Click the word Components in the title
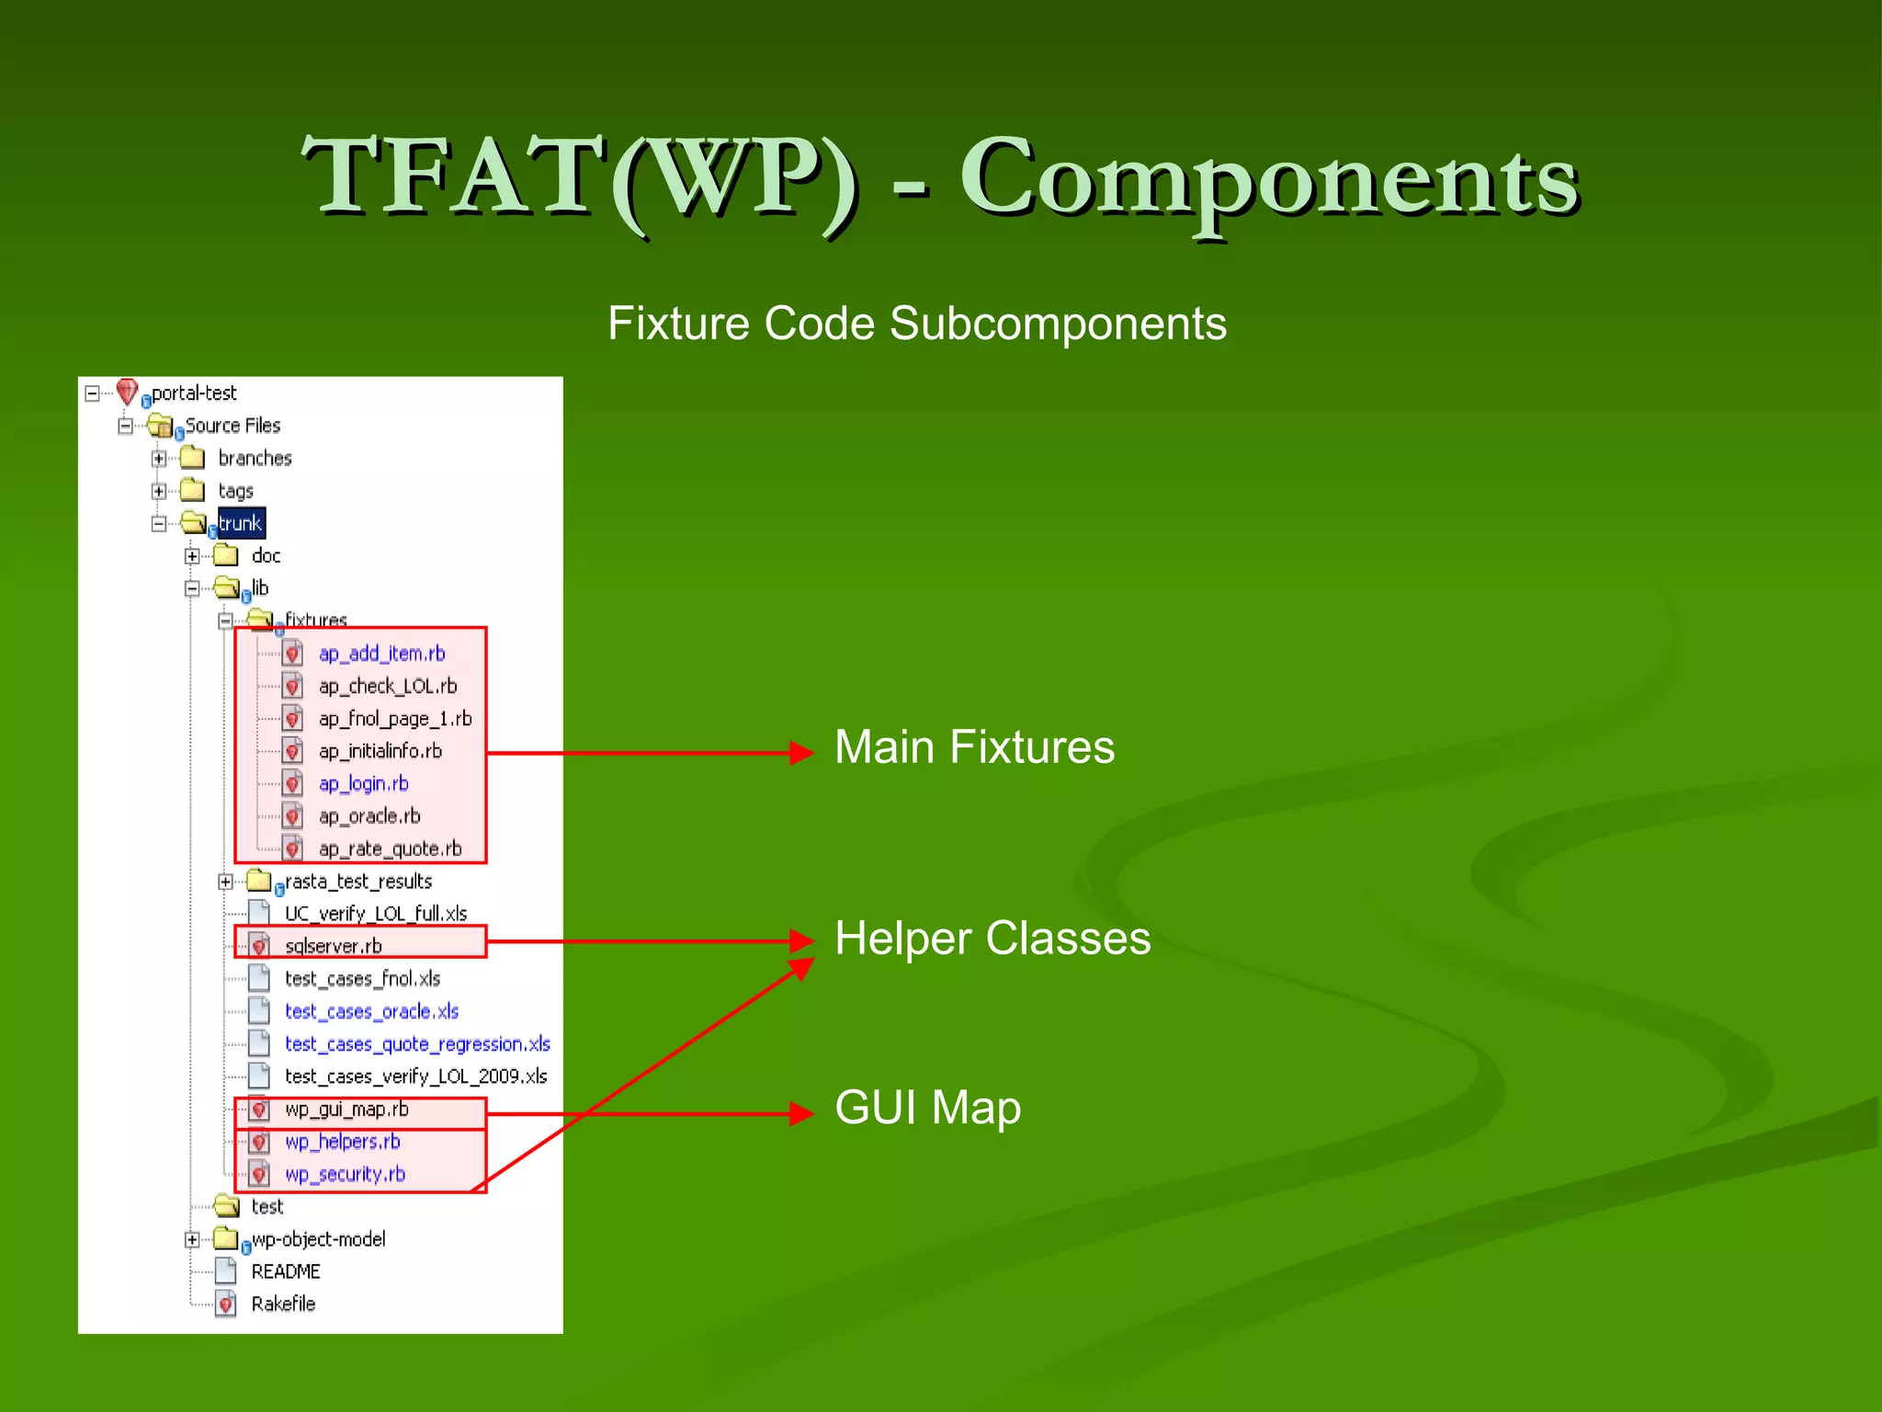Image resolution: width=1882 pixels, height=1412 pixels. point(1268,179)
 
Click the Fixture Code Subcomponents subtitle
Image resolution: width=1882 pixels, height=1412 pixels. point(916,324)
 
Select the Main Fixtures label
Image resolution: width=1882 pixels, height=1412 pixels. point(974,746)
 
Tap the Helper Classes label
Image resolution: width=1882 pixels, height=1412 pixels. point(992,939)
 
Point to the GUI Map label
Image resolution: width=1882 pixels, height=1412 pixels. point(927,1107)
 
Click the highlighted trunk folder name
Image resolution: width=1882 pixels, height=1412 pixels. point(241,523)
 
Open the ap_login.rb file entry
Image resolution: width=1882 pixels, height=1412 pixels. point(363,784)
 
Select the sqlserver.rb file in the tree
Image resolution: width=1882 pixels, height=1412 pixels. point(333,946)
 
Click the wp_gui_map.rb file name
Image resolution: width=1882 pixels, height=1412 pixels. point(346,1110)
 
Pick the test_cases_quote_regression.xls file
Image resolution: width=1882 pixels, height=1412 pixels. point(417,1044)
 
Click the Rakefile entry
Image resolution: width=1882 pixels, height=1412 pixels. point(283,1304)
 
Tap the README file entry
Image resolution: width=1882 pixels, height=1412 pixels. point(286,1271)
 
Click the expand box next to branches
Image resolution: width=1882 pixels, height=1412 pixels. point(159,458)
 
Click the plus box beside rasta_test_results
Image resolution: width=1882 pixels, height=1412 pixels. point(225,882)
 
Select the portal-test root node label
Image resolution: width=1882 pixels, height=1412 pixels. point(194,393)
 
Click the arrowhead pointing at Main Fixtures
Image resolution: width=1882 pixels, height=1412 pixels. point(802,753)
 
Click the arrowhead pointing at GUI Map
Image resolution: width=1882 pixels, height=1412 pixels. point(802,1113)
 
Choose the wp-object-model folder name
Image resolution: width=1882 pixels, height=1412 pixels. point(318,1239)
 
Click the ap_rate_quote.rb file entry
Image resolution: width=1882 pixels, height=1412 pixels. point(390,848)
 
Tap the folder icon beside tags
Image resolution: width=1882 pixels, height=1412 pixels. point(192,489)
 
